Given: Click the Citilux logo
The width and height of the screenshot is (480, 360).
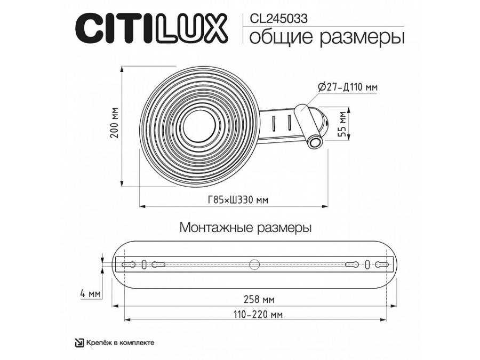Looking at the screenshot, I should point(152,27).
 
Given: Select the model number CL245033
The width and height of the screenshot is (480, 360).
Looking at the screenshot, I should point(278,17).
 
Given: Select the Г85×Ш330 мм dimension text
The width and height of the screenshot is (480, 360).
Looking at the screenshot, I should point(237,200).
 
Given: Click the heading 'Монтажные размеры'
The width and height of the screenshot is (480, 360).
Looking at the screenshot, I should point(246,228).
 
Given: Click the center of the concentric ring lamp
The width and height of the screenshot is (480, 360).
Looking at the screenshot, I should point(200,127).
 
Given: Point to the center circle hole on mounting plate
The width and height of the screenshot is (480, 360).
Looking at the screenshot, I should point(255,263).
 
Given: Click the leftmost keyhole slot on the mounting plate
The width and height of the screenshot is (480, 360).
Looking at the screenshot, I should point(130,264).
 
